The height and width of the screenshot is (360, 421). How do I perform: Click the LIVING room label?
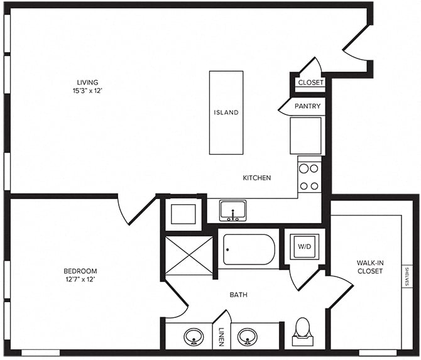(87, 82)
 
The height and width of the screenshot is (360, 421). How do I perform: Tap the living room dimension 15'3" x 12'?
(87, 90)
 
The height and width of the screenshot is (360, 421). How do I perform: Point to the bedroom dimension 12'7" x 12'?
(80, 279)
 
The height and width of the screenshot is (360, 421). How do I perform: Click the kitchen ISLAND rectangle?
(226, 112)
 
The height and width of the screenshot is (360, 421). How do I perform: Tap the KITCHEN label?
(257, 178)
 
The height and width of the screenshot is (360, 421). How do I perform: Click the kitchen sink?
(232, 210)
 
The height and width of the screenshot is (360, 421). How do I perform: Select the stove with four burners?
(309, 177)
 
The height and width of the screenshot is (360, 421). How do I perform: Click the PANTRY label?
(307, 106)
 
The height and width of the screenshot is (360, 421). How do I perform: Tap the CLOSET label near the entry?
(310, 82)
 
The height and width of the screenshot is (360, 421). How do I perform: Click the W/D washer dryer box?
(303, 246)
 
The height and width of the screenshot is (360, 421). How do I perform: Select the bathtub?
(249, 249)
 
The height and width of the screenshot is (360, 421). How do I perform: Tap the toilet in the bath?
(303, 332)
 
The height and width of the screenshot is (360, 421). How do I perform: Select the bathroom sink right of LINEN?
(249, 337)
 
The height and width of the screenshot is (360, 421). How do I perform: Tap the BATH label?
(238, 294)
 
